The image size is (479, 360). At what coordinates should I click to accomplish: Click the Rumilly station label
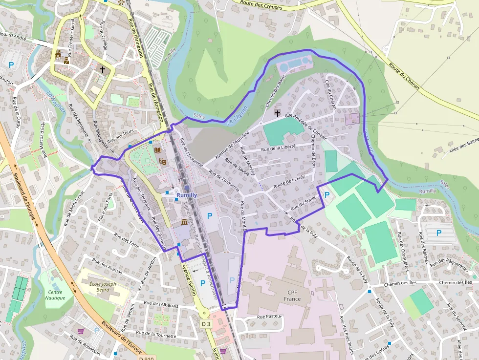[187, 195]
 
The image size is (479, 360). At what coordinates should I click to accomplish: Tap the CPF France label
[293, 295]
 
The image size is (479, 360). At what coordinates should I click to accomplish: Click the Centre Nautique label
[55, 295]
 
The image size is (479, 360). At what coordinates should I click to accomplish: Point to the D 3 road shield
[206, 323]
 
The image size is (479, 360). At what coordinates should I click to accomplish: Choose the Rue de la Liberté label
[279, 148]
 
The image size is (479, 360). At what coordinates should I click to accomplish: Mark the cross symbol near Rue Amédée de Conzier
[278, 113]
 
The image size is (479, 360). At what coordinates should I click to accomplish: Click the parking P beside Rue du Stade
[327, 194]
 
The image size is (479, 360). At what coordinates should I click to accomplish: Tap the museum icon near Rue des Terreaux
[184, 223]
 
